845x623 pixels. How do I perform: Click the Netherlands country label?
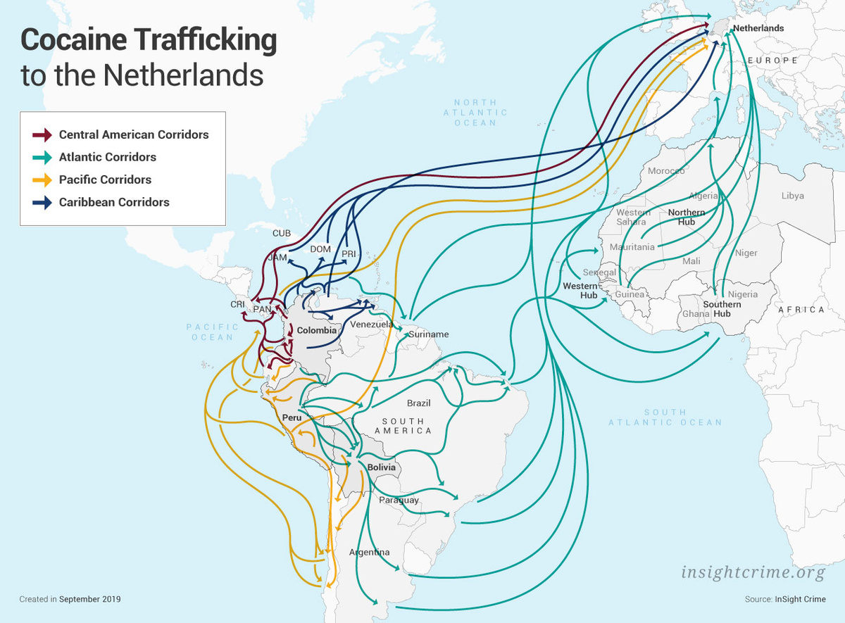click(758, 28)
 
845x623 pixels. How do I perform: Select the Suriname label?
click(428, 334)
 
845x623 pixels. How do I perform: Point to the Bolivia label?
click(382, 467)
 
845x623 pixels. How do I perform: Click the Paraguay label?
click(399, 501)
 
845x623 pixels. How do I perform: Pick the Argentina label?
click(369, 552)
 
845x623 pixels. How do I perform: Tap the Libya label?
click(792, 196)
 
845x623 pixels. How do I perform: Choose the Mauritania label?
click(632, 247)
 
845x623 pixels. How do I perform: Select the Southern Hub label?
click(722, 309)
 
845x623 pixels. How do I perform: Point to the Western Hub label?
click(580, 291)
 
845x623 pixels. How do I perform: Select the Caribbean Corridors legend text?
click(114, 202)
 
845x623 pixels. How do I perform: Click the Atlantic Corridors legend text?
click(108, 157)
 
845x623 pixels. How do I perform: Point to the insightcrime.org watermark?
click(753, 572)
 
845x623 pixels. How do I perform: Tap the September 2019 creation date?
click(90, 599)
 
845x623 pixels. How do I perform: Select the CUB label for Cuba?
click(281, 233)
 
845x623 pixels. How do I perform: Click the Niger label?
click(746, 253)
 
